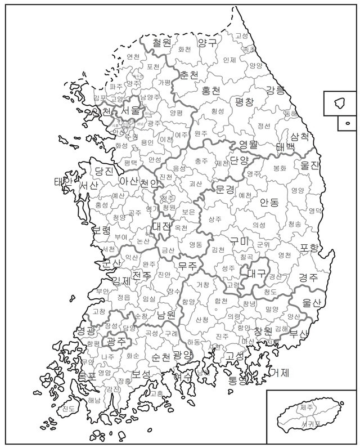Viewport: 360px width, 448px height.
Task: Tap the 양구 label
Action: coord(207,43)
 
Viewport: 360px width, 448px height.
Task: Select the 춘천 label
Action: coord(189,75)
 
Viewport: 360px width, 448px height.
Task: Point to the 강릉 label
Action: coord(275,90)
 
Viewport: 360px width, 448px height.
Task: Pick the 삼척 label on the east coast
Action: coord(299,136)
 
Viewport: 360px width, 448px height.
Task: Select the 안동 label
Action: coord(269,203)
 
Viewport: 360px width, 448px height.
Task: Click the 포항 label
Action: coord(309,248)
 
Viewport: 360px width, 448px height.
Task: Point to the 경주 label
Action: coord(308,277)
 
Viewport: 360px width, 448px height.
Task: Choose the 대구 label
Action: coord(256,274)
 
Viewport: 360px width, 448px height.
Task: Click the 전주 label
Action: coord(141,276)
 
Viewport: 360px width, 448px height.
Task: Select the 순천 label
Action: coord(160,357)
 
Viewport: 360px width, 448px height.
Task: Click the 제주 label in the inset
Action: coord(307,407)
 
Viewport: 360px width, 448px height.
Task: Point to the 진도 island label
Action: coord(69,409)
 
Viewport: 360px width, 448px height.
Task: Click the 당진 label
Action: coord(104,171)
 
